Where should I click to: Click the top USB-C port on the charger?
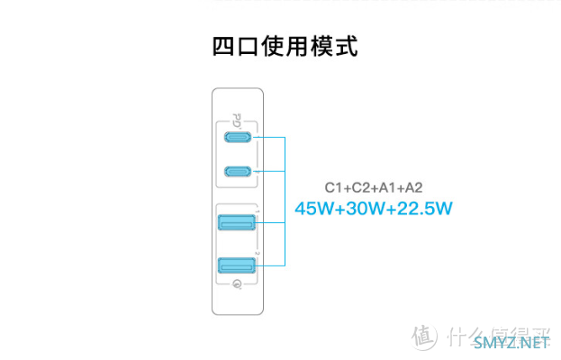tap(239, 138)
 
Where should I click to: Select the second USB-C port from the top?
tap(239, 171)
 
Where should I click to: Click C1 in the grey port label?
tap(333, 188)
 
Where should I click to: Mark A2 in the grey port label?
tap(413, 188)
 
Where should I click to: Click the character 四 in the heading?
tap(222, 46)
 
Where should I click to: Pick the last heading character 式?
tap(345, 46)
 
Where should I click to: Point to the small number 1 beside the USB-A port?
tap(258, 211)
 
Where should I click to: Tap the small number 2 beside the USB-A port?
tap(258, 254)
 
